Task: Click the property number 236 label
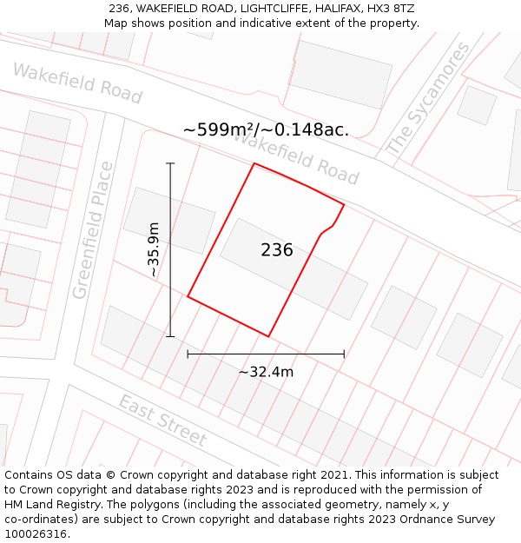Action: [x=277, y=250]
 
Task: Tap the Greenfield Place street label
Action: [x=93, y=230]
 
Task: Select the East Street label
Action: [x=162, y=420]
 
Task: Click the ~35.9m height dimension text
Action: [x=154, y=249]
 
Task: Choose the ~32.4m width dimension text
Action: [x=266, y=372]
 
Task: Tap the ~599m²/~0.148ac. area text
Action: [x=266, y=129]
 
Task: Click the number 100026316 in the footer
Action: [x=36, y=534]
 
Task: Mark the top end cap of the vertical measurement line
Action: [x=170, y=163]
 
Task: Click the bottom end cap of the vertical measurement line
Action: [x=170, y=336]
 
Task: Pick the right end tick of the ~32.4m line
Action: [x=344, y=354]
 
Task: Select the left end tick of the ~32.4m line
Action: [x=188, y=354]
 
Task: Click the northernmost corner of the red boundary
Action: [x=254, y=163]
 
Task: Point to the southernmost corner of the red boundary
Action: [x=268, y=336]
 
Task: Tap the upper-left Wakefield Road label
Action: [x=77, y=83]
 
